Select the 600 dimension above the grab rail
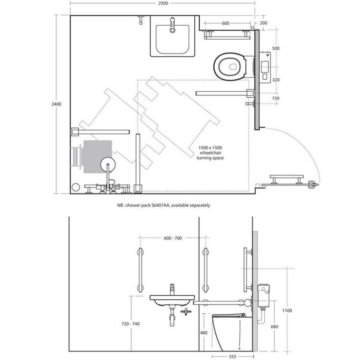pos(225,23)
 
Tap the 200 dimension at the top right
pos(263,23)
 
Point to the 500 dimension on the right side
pos(276,48)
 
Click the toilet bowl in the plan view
pos(230,65)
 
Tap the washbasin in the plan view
pos(172,40)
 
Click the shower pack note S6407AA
pos(163,205)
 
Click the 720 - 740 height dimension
pos(130,324)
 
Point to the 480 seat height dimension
pos(204,333)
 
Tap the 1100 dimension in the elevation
pos(287,310)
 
